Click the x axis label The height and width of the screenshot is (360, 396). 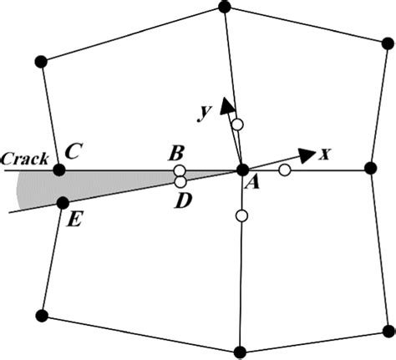pos(327,154)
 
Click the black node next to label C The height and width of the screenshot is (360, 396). pos(59,170)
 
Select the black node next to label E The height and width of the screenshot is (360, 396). pos(62,203)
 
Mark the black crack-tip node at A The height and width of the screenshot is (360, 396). pos(242,170)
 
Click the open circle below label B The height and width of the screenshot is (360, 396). pos(180,171)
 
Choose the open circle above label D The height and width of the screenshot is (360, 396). pos(180,181)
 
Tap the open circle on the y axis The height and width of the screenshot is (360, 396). pos(237,125)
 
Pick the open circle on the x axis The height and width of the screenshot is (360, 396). pos(284,170)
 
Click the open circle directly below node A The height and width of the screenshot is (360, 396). pos(241,216)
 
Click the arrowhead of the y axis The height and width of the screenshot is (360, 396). pos(226,104)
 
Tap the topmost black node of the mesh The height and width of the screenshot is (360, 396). pos(224,7)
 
